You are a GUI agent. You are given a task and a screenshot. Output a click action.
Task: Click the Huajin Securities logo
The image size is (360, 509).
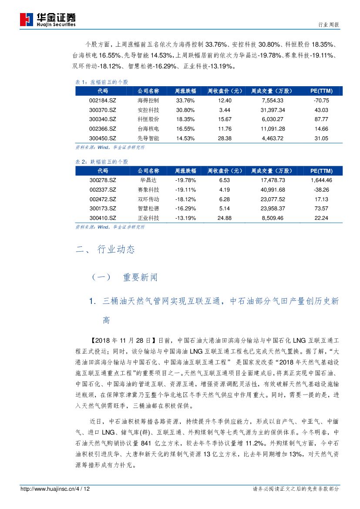tap(48, 20)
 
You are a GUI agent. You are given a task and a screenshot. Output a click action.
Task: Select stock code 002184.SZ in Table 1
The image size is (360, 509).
tap(103, 101)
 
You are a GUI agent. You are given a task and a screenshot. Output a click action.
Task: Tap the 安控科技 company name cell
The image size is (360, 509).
tap(148, 110)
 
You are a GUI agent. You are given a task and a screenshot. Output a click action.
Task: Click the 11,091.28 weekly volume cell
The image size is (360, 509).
tap(273, 129)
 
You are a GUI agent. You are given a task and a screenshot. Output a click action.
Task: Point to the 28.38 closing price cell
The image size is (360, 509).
tap(225, 138)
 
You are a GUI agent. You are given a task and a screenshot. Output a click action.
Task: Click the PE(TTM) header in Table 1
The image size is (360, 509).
tap(321, 91)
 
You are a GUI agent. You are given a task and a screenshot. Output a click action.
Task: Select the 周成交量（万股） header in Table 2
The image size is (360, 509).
tap(272, 171)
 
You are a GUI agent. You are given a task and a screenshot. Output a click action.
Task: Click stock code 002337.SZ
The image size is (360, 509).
tap(103, 190)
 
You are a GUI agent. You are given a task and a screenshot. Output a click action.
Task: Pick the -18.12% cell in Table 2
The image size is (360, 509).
tap(185, 199)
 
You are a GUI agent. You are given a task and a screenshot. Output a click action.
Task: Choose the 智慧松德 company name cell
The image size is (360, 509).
tap(148, 209)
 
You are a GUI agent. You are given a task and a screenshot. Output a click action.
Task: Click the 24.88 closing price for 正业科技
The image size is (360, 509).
tap(225, 218)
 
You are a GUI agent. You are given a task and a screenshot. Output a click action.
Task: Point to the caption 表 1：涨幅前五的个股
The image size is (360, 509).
tap(102, 82)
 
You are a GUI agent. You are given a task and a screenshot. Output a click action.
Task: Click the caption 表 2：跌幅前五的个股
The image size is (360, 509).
tap(102, 162)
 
